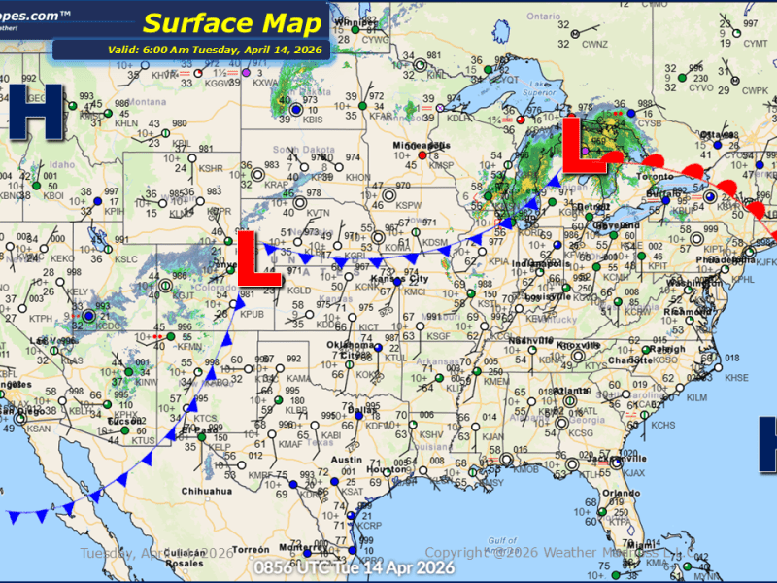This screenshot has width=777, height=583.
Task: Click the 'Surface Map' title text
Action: (x=232, y=22)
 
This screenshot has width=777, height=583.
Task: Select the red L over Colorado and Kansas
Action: (x=259, y=259)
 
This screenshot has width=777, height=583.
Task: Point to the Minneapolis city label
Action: (x=421, y=145)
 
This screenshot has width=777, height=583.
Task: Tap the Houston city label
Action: (x=390, y=470)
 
